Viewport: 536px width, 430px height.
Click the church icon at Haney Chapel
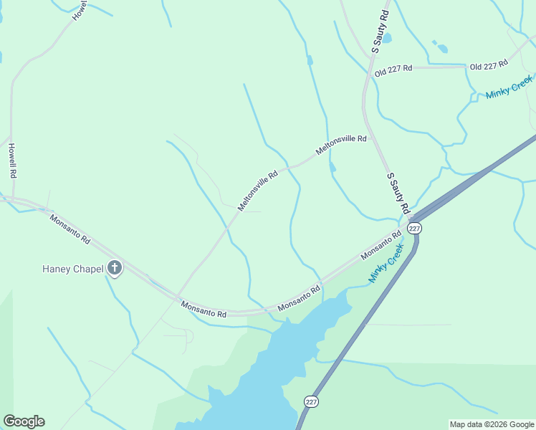click(114, 269)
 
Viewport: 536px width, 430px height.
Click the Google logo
click(24, 421)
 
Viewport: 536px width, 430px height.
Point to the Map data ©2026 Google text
click(492, 424)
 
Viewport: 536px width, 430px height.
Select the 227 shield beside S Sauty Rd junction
click(415, 227)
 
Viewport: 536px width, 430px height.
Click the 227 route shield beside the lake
click(310, 401)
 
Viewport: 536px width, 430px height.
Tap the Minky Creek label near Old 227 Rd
click(509, 87)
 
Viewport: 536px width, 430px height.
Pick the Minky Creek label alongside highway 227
click(386, 263)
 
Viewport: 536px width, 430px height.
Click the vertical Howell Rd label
click(12, 161)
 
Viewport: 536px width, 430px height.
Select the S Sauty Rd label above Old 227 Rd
click(381, 31)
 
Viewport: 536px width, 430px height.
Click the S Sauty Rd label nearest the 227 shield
click(398, 193)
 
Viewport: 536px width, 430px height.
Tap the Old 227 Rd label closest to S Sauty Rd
click(393, 68)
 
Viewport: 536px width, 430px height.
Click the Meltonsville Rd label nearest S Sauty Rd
click(341, 145)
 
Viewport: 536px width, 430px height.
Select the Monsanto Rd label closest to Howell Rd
click(70, 229)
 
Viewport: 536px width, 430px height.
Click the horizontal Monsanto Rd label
click(204, 310)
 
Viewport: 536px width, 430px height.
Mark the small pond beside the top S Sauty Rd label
click(386, 38)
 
